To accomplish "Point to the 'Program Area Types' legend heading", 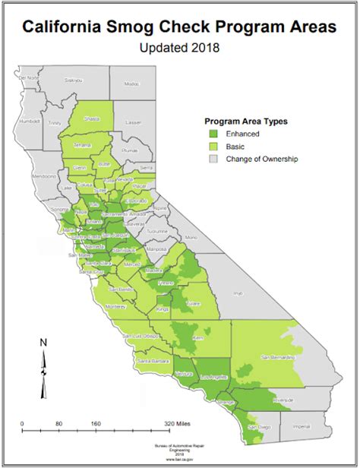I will pos(245,120).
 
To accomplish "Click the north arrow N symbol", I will pos(43,343).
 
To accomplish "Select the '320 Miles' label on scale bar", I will pos(179,423).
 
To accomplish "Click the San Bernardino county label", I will pos(279,356).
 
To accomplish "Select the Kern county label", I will pos(199,336).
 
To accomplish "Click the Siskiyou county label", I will pos(73,79).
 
